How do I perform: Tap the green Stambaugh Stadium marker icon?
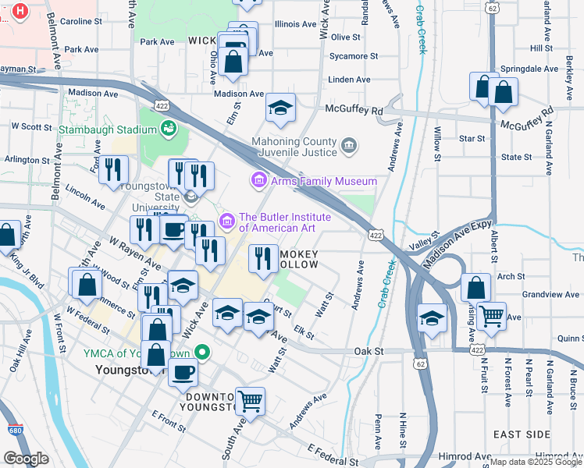pos(168,127)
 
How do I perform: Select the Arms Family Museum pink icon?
pos(258,180)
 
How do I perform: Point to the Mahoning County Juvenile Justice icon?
pos(349,145)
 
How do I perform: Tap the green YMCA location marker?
pos(202,353)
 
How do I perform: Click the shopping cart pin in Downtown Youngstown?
pos(250,402)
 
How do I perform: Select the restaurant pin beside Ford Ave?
pos(113,169)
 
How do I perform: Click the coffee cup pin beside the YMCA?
pos(183,371)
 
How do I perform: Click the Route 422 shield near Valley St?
pos(376,235)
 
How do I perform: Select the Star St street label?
pos(472,138)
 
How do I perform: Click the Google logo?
pos(26,459)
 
